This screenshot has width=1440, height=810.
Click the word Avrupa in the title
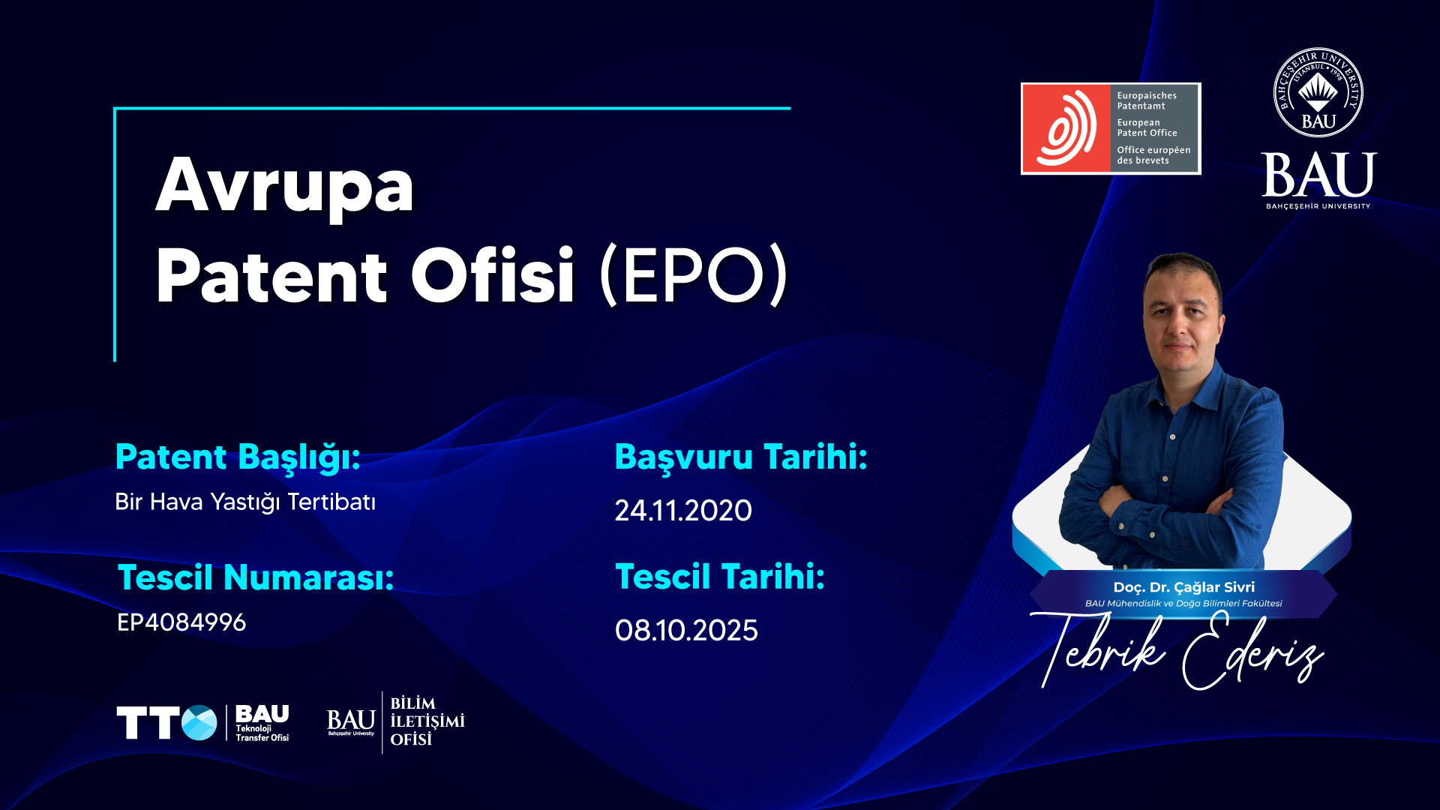click(x=285, y=186)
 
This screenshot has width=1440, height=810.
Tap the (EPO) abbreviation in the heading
click(x=694, y=275)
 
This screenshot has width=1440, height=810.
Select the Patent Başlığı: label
click(x=238, y=457)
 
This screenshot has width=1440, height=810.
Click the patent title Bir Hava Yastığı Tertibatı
click(x=245, y=502)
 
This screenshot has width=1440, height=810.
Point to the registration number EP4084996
click(x=181, y=622)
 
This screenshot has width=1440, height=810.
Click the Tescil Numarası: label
click(x=256, y=577)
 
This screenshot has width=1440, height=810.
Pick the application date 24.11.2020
click(x=683, y=511)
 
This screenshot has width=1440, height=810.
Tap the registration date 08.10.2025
click(x=686, y=631)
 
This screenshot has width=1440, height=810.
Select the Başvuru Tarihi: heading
click(x=741, y=457)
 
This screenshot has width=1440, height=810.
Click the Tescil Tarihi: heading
click(x=720, y=577)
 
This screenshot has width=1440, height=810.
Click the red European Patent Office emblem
click(x=1066, y=128)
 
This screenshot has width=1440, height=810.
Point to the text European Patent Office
click(x=1147, y=127)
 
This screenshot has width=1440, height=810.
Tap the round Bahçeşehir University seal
click(x=1318, y=93)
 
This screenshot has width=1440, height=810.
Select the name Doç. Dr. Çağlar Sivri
click(x=1183, y=587)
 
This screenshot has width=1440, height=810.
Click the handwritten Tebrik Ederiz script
click(x=1177, y=650)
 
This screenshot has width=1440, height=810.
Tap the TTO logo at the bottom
click(x=166, y=722)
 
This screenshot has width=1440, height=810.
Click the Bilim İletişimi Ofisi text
click(x=427, y=721)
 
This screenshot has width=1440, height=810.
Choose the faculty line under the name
click(x=1183, y=604)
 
